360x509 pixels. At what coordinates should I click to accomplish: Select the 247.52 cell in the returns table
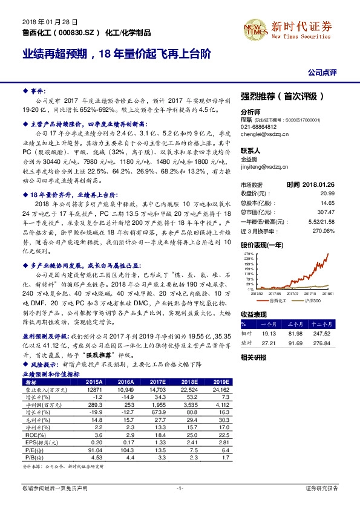click(327, 333)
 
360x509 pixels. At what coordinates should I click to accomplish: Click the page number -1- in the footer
click(180, 487)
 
